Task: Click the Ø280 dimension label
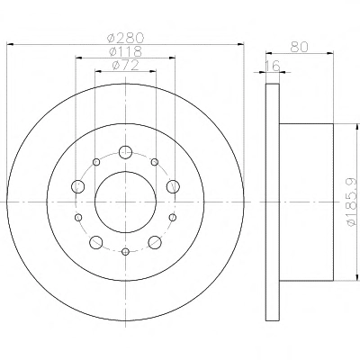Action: pyautogui.click(x=126, y=38)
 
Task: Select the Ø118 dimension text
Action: pyautogui.click(x=125, y=51)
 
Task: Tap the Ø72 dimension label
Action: pyautogui.click(x=125, y=65)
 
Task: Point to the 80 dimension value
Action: pyautogui.click(x=299, y=47)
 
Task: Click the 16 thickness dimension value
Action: pyautogui.click(x=273, y=66)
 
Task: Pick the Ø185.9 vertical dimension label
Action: pyautogui.click(x=352, y=202)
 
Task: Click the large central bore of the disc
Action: pyautogui.click(x=125, y=202)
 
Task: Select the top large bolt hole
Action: pyautogui.click(x=125, y=152)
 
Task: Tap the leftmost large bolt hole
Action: pyautogui.click(x=78, y=186)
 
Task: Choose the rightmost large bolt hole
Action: pyautogui.click(x=173, y=186)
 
